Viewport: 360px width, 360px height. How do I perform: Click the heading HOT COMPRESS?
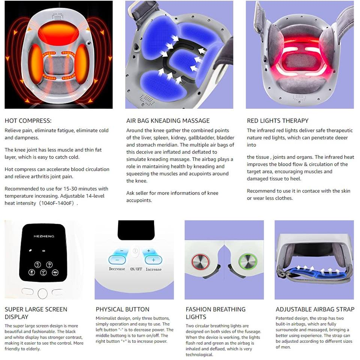[28, 121]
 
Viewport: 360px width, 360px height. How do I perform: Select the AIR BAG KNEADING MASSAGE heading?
[168, 121]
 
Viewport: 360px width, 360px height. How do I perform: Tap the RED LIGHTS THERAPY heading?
[277, 121]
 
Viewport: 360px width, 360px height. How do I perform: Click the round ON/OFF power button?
[135, 251]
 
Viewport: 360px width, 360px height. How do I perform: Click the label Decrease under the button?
[117, 269]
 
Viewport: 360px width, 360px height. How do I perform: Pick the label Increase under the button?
[153, 269]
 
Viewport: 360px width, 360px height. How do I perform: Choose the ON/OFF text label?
[136, 269]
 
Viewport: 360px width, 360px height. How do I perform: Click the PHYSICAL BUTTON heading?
[122, 309]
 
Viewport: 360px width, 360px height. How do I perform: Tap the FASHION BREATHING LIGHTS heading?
[216, 313]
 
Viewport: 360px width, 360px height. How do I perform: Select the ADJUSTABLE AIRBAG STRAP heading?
[315, 309]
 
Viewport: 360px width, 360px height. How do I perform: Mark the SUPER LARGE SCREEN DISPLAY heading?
[36, 313]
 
